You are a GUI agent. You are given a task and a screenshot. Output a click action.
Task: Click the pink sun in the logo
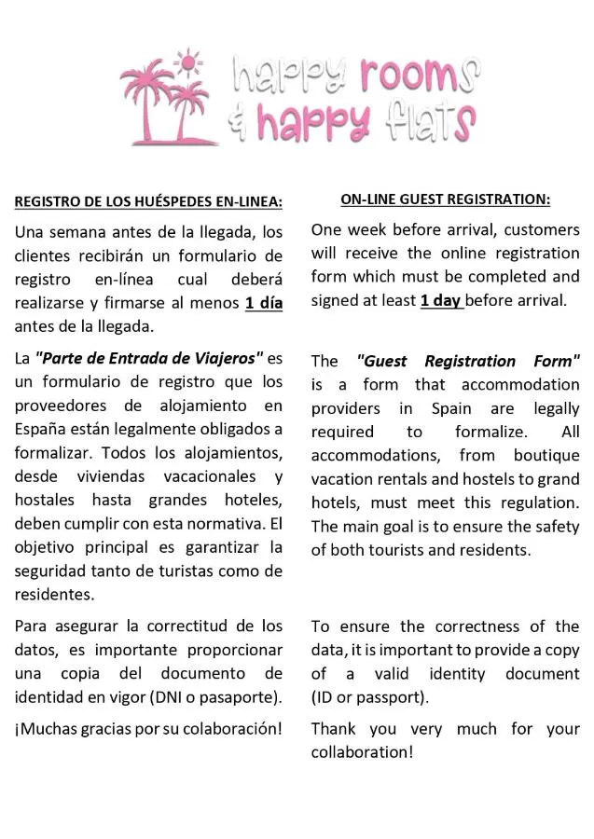click(x=189, y=62)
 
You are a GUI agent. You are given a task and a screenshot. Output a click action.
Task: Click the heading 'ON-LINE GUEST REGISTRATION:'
click(x=445, y=199)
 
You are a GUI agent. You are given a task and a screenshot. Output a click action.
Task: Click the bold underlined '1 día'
click(x=263, y=303)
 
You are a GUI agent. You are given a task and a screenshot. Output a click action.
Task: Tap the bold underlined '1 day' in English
click(x=440, y=300)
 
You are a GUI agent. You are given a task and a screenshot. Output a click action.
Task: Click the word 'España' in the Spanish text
click(x=41, y=429)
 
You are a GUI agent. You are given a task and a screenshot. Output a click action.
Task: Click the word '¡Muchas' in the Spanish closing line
click(x=44, y=728)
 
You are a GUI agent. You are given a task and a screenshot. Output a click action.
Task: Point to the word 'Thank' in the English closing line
click(x=334, y=728)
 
